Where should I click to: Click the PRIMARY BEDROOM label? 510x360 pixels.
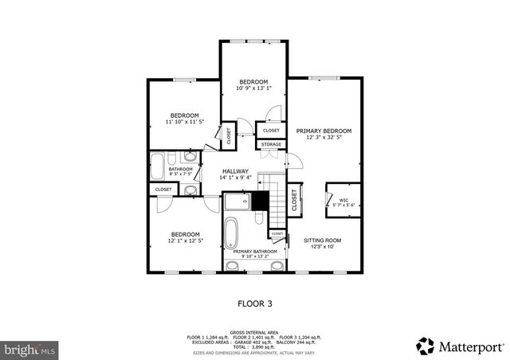click(324, 130)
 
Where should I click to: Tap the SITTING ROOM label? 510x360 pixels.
click(322, 240)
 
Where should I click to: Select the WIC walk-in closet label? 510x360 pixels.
click(343, 200)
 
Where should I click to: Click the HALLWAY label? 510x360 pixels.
click(235, 171)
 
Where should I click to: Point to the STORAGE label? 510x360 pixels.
click(271, 144)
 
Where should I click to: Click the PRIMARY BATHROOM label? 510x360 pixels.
click(255, 252)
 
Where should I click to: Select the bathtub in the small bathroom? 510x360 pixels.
click(157, 168)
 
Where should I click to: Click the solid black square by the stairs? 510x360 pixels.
click(259, 202)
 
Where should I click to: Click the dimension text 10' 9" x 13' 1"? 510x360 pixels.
click(254, 88)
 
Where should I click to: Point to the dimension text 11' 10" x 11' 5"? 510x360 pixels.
click(185, 122)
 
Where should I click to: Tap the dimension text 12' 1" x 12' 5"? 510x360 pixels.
click(185, 241)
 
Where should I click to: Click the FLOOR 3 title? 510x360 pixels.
click(254, 303)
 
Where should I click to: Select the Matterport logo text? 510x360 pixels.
click(467, 346)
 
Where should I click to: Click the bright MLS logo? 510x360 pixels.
click(29, 348)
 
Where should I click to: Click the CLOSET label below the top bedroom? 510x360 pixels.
click(271, 130)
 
